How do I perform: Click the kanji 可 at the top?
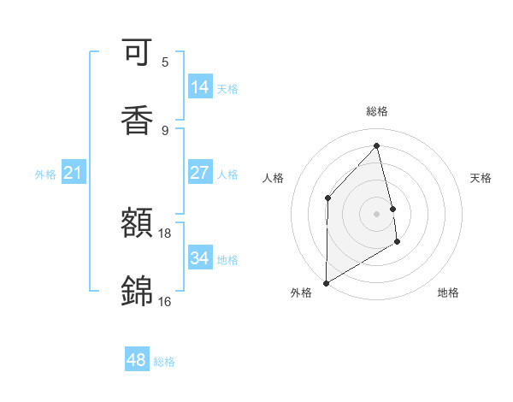[x=137, y=54]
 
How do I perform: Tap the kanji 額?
[x=137, y=224]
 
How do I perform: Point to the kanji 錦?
[x=137, y=291]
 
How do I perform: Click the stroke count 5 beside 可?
[x=165, y=62]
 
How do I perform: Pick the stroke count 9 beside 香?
[x=165, y=130]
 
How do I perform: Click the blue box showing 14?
[x=200, y=87]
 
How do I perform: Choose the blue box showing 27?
[x=200, y=173]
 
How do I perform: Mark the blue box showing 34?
[x=200, y=257]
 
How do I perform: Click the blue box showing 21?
[x=74, y=174]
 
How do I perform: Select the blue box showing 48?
[x=137, y=360]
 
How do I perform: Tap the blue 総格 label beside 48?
[x=164, y=362]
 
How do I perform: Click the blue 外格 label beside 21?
[x=45, y=174]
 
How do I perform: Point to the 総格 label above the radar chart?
[x=377, y=111]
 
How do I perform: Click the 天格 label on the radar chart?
[x=481, y=178]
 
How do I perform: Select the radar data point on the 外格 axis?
[x=326, y=282]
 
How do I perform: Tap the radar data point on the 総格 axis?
[x=377, y=145]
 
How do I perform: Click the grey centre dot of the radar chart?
[x=377, y=213]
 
